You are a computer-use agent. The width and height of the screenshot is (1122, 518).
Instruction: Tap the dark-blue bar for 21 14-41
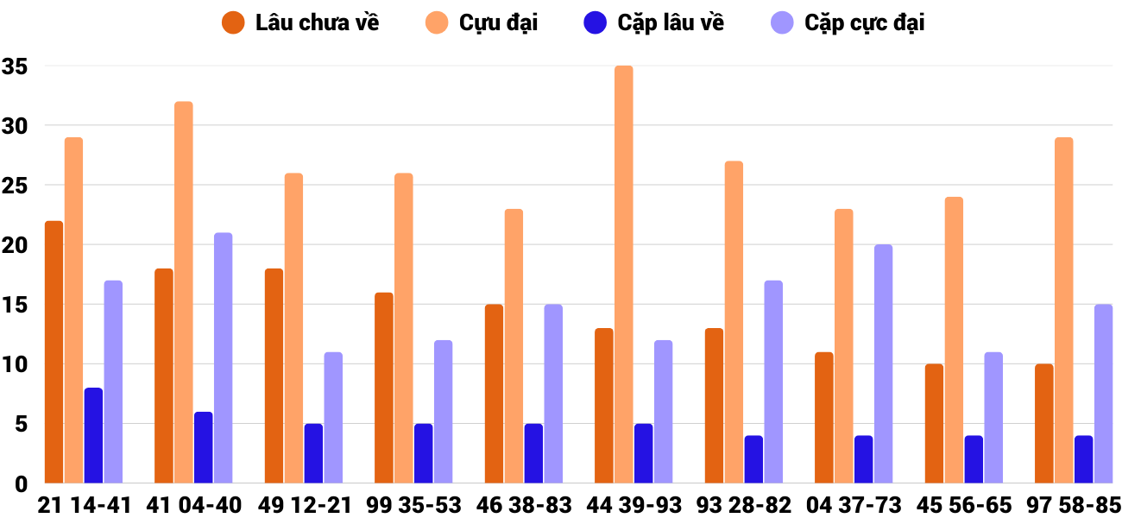(93, 436)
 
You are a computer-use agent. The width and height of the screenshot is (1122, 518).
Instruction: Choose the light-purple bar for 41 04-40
(223, 358)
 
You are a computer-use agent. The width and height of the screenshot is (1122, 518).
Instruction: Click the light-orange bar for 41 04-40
(183, 293)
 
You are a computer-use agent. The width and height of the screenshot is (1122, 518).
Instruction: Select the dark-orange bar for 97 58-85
(1044, 424)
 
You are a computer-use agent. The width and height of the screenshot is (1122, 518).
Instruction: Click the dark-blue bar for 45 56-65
(974, 459)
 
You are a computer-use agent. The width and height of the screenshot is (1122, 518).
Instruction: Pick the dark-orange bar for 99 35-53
(384, 388)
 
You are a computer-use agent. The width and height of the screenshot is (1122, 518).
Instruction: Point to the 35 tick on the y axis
(16, 66)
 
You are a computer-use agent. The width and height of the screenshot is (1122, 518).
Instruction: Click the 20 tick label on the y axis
(16, 245)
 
